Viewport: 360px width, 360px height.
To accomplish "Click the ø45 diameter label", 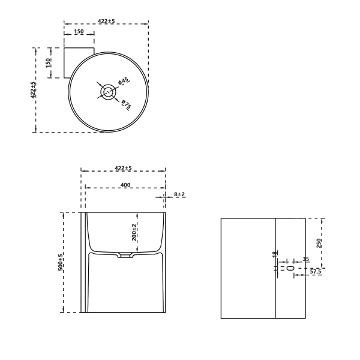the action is tap(124, 81).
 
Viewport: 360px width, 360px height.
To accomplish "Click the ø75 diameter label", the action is tap(126, 104).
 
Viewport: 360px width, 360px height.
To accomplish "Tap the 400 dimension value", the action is tap(125, 185).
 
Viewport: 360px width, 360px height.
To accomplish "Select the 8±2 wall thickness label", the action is tap(179, 194).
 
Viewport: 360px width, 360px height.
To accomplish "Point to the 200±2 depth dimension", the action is tap(134, 232).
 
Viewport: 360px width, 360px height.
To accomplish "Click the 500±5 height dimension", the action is tap(61, 262).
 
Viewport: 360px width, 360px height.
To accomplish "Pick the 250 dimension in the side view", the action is tap(319, 243).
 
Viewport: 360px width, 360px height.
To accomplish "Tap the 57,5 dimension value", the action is tap(316, 272).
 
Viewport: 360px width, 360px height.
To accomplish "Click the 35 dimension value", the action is tap(306, 259).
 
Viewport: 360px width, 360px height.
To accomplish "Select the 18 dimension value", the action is tap(275, 254).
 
